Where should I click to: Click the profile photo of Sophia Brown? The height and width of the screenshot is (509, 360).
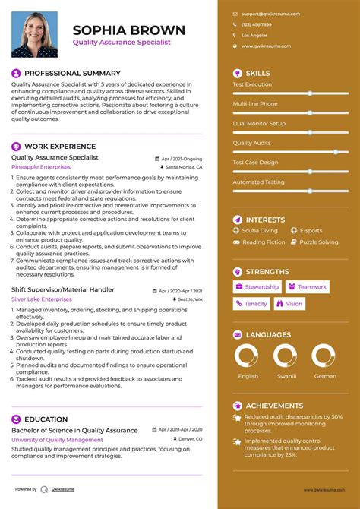click(34, 34)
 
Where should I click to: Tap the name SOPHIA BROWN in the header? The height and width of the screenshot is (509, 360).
click(128, 30)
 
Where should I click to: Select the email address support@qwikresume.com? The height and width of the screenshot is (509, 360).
click(270, 14)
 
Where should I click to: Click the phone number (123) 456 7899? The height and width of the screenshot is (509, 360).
click(257, 24)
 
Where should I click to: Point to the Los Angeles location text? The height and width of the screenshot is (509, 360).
click(254, 36)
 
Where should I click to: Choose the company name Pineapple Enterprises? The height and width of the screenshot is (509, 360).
click(41, 166)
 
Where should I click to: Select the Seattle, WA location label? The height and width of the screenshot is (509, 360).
click(189, 299)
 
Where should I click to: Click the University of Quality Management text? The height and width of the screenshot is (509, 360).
click(57, 440)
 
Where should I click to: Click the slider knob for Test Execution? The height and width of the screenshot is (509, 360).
click(310, 93)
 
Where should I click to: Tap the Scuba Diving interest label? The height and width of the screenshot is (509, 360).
click(260, 230)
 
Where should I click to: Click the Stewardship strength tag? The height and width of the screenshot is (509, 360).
click(257, 286)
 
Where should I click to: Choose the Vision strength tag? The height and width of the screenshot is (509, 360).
click(289, 303)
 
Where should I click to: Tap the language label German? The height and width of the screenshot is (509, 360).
click(325, 376)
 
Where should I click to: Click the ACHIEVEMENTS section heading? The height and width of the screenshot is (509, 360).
click(274, 406)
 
